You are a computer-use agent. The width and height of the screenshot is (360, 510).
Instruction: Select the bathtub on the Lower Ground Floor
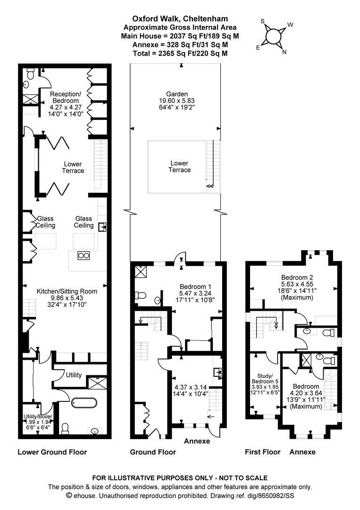click(84, 403)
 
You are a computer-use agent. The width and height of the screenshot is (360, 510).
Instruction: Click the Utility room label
click(74, 375)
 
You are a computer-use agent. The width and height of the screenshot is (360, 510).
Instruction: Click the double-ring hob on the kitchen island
click(84, 255)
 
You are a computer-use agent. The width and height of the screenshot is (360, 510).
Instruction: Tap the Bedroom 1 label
click(195, 287)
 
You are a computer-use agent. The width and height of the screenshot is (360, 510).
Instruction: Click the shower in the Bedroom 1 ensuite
click(140, 271)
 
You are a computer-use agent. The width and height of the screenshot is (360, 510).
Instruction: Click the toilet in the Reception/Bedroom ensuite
click(31, 73)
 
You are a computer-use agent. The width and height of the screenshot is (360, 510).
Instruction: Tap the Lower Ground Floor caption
click(52, 452)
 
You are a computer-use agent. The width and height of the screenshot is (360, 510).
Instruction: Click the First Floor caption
click(262, 452)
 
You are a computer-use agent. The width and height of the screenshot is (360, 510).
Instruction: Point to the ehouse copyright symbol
click(69, 495)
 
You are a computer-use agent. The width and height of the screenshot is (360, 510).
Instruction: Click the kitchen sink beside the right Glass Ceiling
click(102, 228)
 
